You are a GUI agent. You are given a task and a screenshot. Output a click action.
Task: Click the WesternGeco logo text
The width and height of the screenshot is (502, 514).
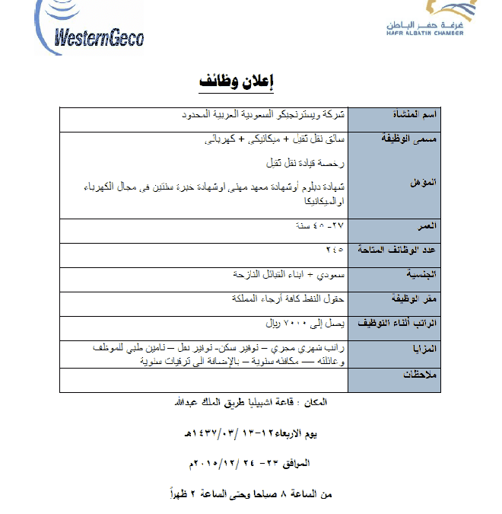point(100,37)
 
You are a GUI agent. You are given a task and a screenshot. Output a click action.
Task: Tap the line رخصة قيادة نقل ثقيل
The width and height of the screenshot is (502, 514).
point(304,163)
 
